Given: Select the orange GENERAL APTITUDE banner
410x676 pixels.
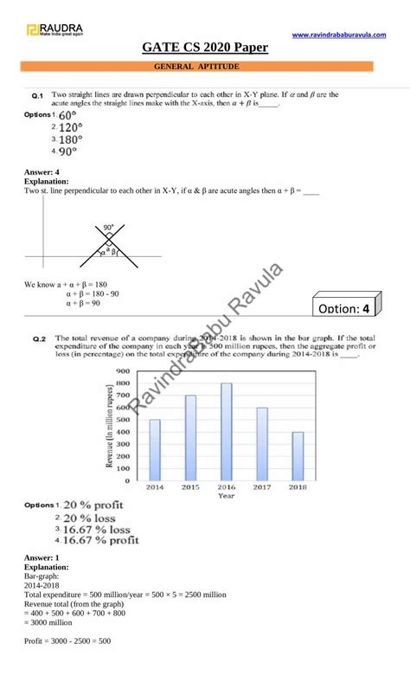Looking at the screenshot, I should (x=204, y=66).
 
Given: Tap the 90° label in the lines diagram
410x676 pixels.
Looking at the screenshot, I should (x=109, y=228).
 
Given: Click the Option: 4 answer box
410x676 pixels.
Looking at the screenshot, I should (x=343, y=307).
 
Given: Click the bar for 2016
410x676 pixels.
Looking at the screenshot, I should (x=227, y=431).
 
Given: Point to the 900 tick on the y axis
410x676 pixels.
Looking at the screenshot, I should (x=122, y=370).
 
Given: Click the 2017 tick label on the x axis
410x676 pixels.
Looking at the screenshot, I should (x=262, y=487).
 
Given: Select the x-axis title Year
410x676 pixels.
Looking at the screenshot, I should (x=226, y=496).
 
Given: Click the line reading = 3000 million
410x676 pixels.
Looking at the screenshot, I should (x=51, y=622).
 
